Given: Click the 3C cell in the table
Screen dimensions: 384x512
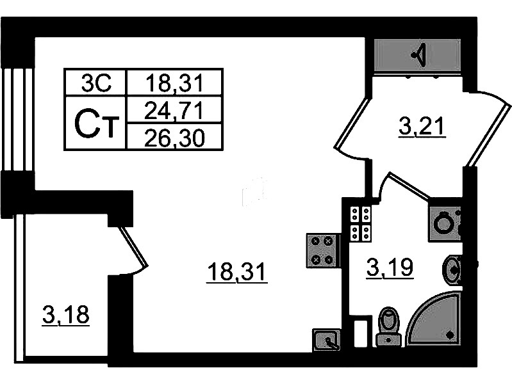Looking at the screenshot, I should point(96,82).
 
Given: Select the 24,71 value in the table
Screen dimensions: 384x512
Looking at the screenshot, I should point(174,110).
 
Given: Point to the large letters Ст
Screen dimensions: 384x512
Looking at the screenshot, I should point(96,124).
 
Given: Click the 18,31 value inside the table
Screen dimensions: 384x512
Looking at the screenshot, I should point(174,82).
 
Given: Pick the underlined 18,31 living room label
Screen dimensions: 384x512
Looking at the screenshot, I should point(236,273).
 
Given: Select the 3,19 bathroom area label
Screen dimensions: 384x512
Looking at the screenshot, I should point(390,266).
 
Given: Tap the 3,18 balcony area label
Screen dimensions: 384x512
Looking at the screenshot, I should point(65,315).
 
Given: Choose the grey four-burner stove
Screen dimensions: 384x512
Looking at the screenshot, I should point(323,250).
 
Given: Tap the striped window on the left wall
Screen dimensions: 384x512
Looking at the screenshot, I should point(17,118).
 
